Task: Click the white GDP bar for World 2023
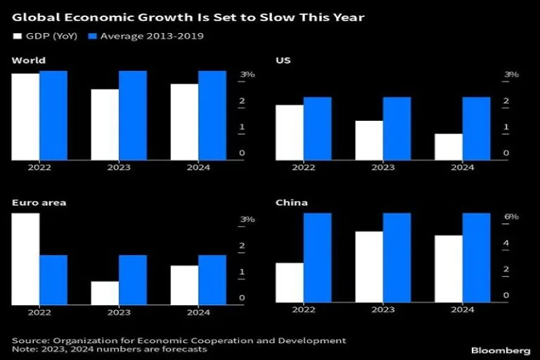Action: tap(105, 124)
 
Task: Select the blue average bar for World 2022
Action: tap(53, 115)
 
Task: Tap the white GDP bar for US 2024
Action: tap(448, 146)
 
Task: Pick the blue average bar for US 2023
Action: tap(397, 128)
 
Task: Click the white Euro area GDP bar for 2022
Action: tap(25, 259)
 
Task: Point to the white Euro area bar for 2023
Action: tap(105, 292)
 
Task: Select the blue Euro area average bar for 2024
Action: tap(212, 279)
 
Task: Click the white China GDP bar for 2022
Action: tap(290, 283)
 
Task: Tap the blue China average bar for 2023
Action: tap(397, 258)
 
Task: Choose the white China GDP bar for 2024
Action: tap(448, 269)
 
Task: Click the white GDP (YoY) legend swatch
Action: tap(16, 36)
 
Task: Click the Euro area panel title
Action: tap(39, 202)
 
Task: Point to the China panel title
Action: tap(292, 202)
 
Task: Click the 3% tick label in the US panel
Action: tap(511, 75)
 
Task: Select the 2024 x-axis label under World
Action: tap(199, 168)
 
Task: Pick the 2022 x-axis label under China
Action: tap(304, 310)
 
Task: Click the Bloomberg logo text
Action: tap(500, 349)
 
